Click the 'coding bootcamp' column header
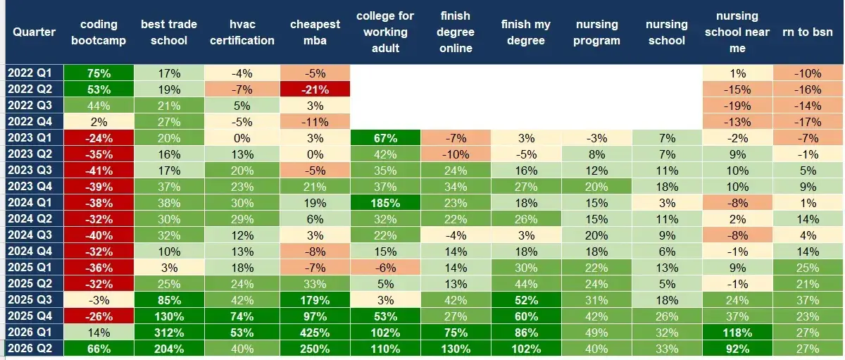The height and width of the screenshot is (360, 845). click(x=99, y=32)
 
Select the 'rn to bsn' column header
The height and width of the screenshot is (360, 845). click(x=808, y=32)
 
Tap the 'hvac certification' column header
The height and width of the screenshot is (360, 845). click(x=242, y=32)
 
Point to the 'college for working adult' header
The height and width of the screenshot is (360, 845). click(x=385, y=32)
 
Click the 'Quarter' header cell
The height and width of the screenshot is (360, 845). click(x=35, y=32)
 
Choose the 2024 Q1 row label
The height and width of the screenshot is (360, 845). click(x=30, y=203)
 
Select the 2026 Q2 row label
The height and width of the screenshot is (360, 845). click(x=30, y=348)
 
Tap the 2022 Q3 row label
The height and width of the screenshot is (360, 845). click(x=30, y=105)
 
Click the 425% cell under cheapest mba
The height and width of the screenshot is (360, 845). click(x=315, y=333)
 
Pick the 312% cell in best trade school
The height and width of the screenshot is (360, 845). click(x=169, y=333)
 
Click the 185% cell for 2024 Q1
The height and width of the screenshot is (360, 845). click(x=385, y=203)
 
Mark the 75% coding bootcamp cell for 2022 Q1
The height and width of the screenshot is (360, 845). click(x=99, y=73)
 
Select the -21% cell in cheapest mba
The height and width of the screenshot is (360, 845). click(x=315, y=89)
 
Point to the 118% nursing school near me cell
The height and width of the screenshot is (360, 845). click(x=737, y=333)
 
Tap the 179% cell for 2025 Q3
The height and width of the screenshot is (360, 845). click(x=315, y=300)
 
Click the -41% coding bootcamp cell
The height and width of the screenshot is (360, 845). click(x=99, y=170)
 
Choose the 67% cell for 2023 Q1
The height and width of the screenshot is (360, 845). click(x=385, y=138)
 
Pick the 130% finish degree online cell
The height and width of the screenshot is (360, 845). click(x=456, y=348)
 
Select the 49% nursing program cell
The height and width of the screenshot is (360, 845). click(x=596, y=333)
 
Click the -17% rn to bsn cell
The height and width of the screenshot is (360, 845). click(x=808, y=122)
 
